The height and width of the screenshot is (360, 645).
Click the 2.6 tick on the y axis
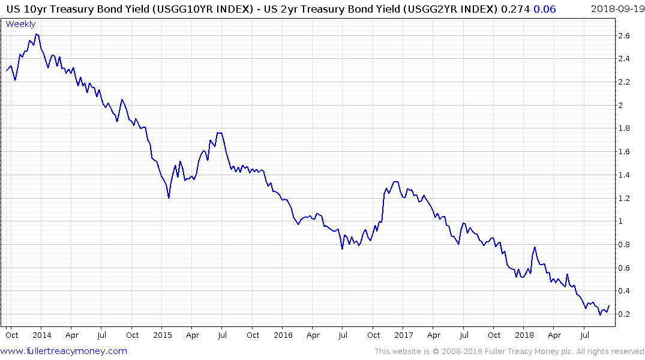(625, 36)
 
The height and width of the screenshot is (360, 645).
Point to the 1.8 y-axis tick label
(625, 128)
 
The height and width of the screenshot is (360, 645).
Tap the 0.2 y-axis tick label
(625, 314)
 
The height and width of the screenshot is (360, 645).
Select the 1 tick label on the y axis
(622, 221)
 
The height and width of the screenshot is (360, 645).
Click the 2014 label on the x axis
(41, 335)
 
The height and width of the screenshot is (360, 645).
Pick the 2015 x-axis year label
(163, 335)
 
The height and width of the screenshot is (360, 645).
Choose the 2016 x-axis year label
(283, 335)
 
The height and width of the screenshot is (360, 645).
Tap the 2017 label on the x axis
(404, 335)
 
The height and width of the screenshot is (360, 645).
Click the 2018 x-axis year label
(524, 335)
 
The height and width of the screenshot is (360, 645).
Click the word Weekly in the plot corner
(20, 24)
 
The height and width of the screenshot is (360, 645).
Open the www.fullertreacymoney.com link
(64, 351)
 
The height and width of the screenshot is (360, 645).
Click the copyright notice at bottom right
(509, 352)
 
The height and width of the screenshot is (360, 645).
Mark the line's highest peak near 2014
(37, 34)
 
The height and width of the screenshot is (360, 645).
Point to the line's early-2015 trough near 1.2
(169, 197)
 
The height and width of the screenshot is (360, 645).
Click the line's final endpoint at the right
(610, 305)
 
